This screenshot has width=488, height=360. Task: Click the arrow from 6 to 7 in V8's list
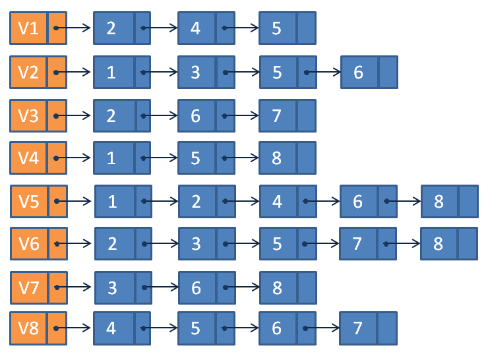(x=321, y=328)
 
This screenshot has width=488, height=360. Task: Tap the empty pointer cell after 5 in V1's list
(x=306, y=28)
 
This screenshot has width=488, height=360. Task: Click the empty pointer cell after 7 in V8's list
(x=386, y=328)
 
